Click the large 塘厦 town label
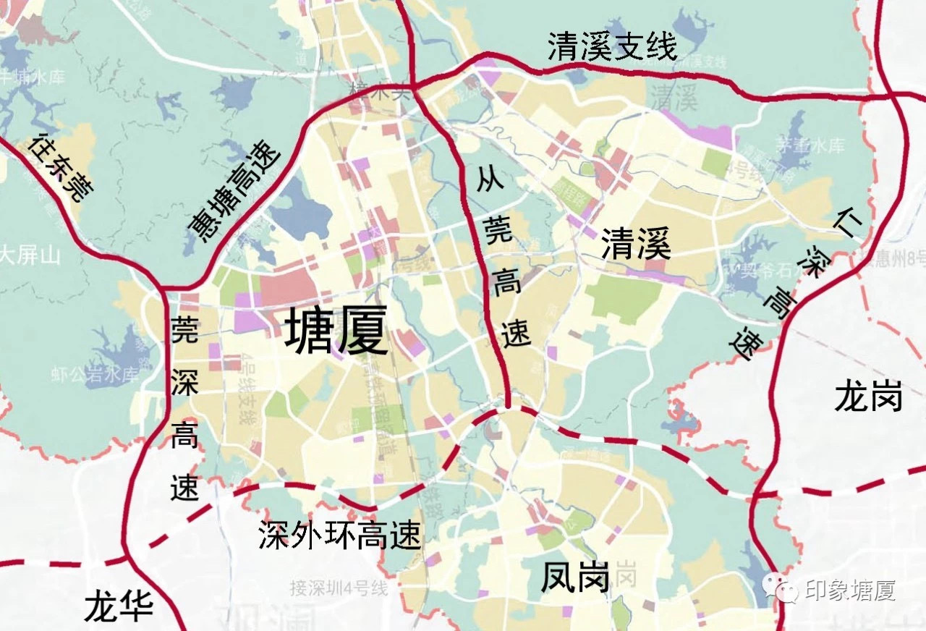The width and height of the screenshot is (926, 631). [x=336, y=329]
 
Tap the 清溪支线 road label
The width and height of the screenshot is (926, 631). [x=612, y=47]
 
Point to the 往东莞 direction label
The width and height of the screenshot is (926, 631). [x=61, y=167]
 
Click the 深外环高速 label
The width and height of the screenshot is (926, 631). [x=339, y=535]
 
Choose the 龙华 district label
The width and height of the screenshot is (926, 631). [x=119, y=605]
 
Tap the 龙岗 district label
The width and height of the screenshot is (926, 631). [x=868, y=397]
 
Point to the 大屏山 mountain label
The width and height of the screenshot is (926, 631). [x=30, y=255]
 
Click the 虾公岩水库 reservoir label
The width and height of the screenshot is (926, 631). [x=95, y=375]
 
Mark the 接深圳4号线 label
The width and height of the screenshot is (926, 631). [x=339, y=588]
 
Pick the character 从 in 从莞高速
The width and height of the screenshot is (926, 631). [x=490, y=178]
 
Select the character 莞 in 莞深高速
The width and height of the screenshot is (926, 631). [x=184, y=329]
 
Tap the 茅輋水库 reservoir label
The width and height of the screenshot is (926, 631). [x=810, y=145]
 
